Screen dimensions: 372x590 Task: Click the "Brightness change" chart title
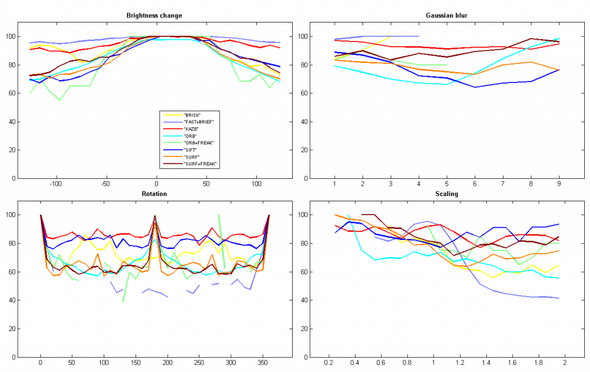click(154, 16)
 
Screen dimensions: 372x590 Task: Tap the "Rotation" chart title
click(155, 194)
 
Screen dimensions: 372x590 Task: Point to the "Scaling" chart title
click(447, 194)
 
